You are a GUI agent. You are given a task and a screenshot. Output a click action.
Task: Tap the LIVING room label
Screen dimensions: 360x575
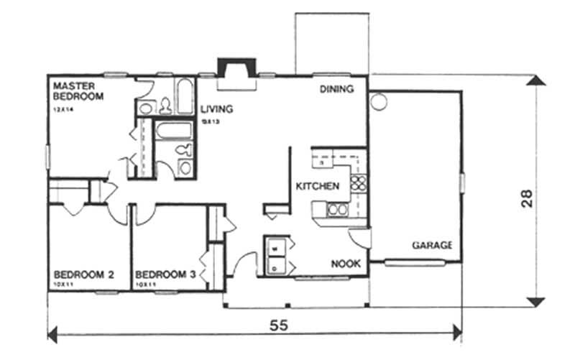[x=216, y=109]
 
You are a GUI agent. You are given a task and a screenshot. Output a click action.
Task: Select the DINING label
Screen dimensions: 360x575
[x=337, y=90]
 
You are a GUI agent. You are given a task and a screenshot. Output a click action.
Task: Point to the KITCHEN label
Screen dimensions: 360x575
[x=317, y=186]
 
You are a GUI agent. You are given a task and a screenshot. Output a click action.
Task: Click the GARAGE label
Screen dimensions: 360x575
[x=432, y=245]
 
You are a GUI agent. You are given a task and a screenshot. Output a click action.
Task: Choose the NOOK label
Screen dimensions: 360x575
[x=345, y=264]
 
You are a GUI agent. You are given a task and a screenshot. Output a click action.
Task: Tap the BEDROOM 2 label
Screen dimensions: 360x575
[x=85, y=274]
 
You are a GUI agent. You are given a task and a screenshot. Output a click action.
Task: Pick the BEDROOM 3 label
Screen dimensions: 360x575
[x=166, y=274]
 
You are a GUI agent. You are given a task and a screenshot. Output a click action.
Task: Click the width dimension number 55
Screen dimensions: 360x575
[x=279, y=324]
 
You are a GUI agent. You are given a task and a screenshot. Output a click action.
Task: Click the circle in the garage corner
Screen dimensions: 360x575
[x=377, y=101]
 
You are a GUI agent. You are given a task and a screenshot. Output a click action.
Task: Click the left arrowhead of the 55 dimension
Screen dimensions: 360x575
[x=52, y=333]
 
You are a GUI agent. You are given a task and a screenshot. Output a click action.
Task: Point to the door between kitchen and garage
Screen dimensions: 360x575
[x=359, y=238]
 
